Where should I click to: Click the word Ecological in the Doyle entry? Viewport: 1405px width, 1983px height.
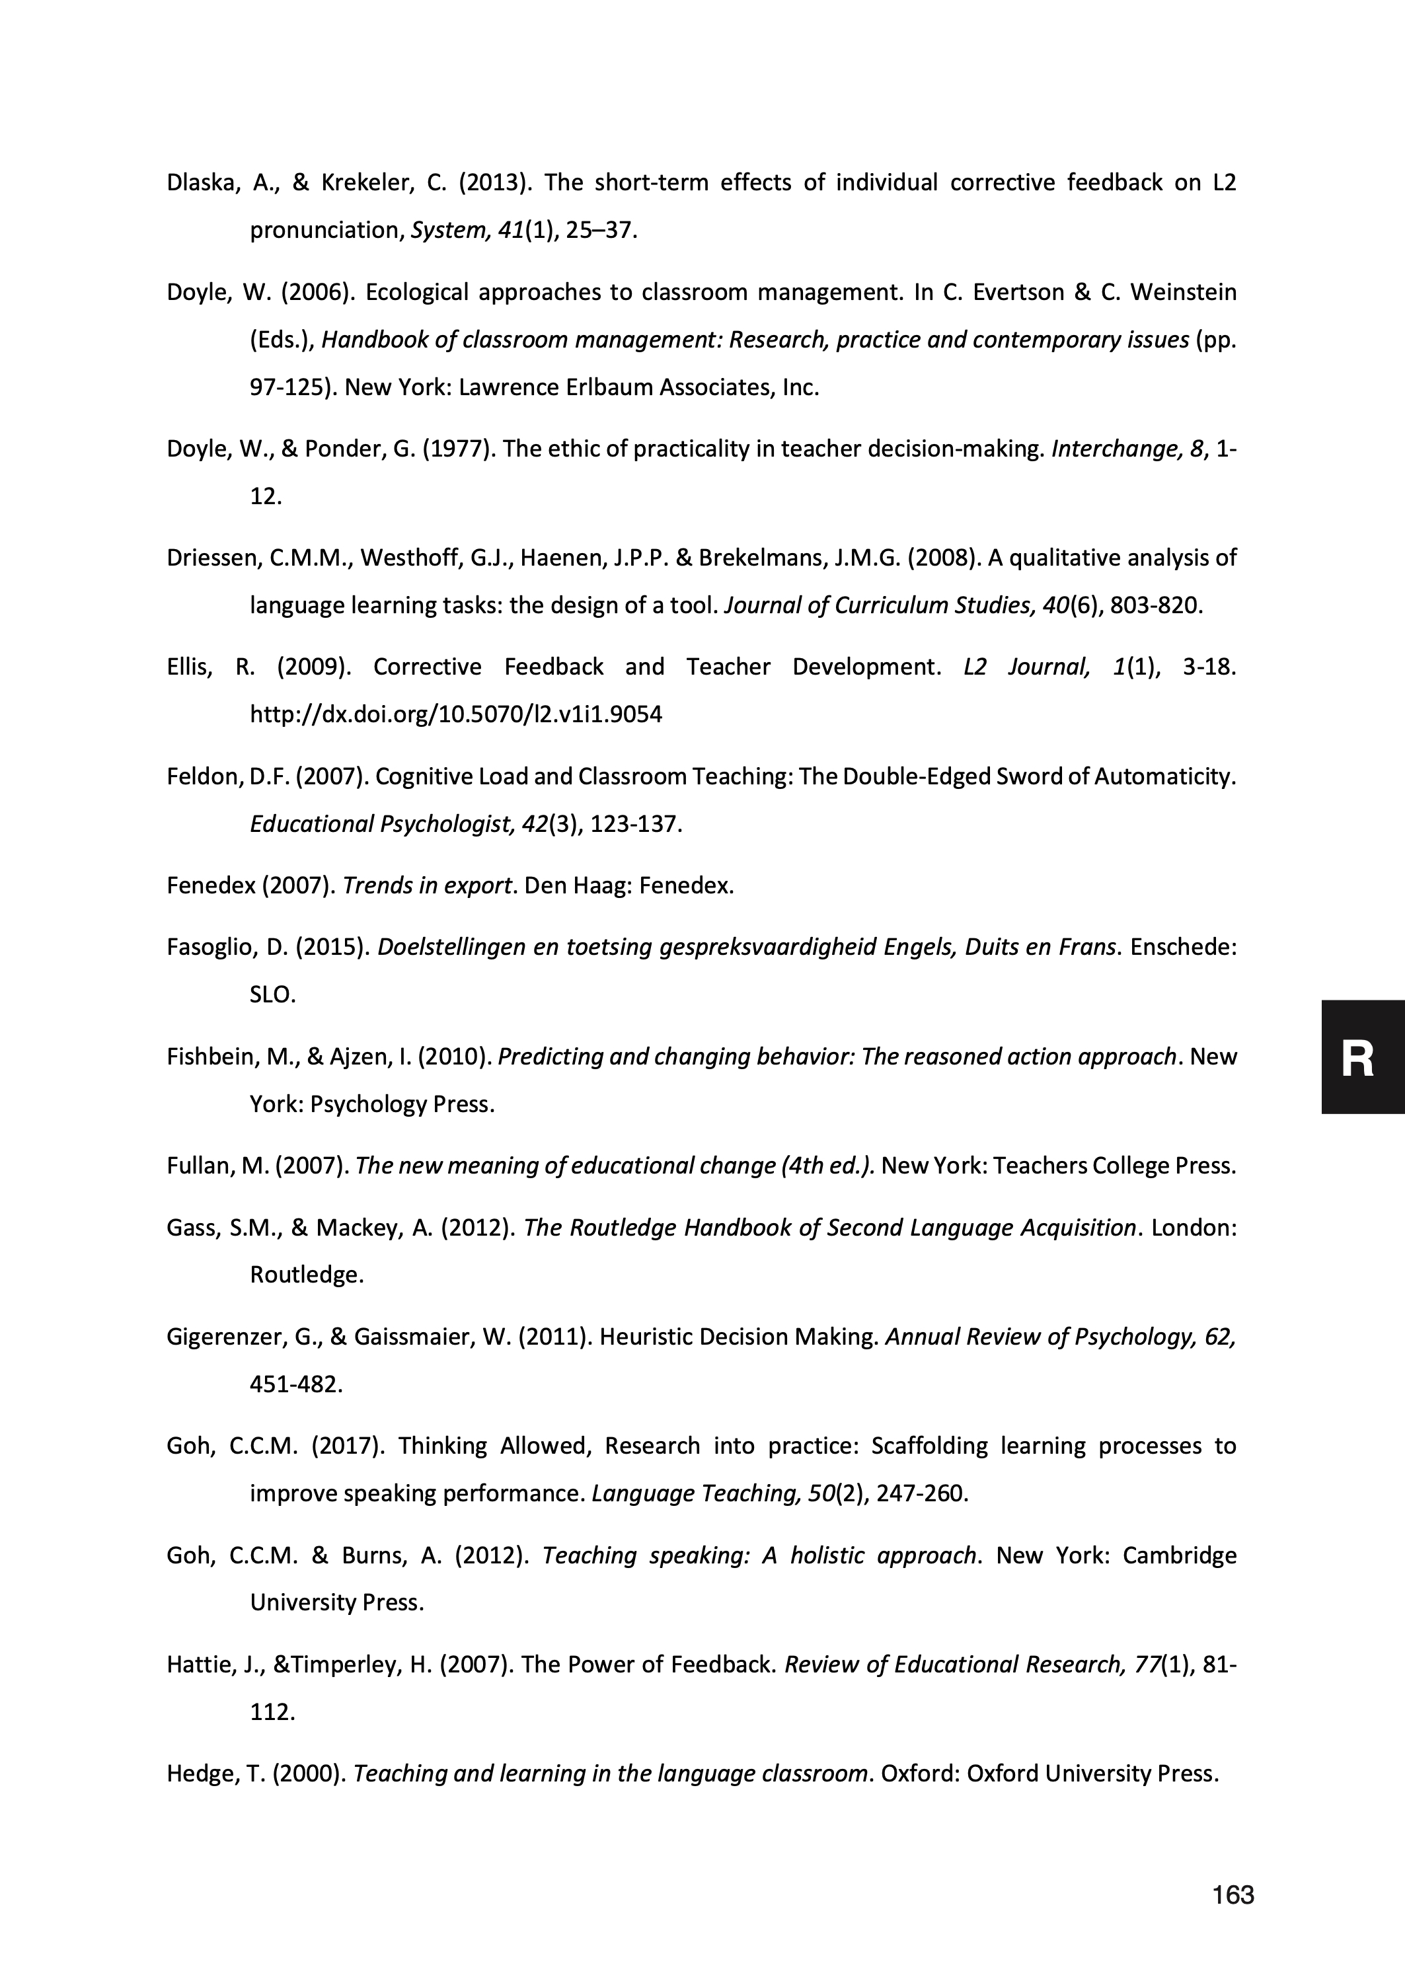415,292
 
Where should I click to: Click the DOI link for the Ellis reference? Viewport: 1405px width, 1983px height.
456,714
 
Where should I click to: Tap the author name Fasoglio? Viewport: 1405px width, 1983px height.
208,947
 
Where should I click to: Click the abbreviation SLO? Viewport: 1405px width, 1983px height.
271,994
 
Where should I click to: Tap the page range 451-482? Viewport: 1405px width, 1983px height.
295,1384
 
